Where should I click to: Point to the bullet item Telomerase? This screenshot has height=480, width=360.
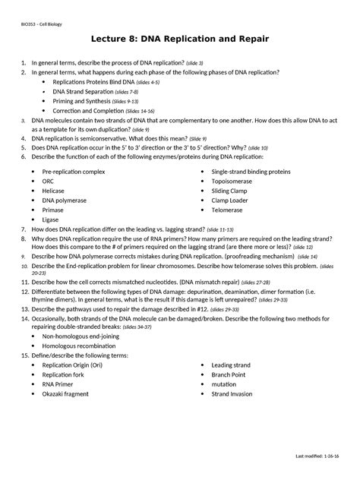click(227, 210)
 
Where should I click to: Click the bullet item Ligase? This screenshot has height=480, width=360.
click(50, 219)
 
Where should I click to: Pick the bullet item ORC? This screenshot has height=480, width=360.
click(48, 182)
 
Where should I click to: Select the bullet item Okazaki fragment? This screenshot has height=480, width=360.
click(65, 394)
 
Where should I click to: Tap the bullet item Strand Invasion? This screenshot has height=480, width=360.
click(232, 394)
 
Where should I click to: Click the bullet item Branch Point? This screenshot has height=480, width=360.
click(229, 374)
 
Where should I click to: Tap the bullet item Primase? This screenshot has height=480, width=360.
click(53, 210)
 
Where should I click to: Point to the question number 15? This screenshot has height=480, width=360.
click(24, 355)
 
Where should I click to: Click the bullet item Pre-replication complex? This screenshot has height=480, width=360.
click(74, 172)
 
